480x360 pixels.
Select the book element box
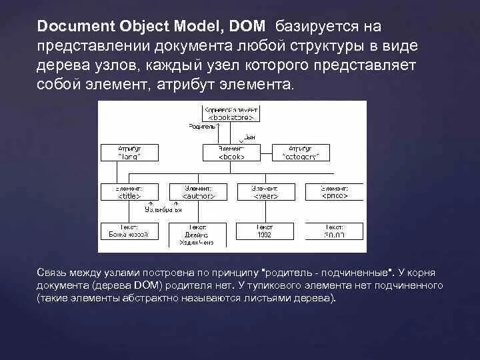click(x=231, y=152)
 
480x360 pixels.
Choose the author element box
click(x=198, y=192)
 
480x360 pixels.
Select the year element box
click(x=264, y=192)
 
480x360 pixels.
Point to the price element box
click(x=333, y=192)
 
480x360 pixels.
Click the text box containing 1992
click(x=264, y=231)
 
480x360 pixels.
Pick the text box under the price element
click(x=333, y=231)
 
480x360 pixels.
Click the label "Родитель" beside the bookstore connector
click(x=203, y=126)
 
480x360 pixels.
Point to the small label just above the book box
click(x=250, y=137)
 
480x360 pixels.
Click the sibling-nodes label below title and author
click(x=163, y=209)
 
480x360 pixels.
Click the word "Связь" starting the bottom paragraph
click(x=52, y=273)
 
